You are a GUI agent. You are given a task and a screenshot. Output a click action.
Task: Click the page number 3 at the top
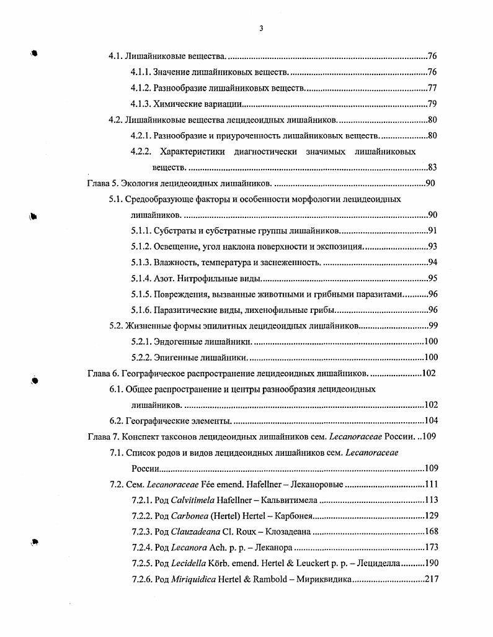tap(261, 27)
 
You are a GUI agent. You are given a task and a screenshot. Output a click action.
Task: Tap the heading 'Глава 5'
tap(101, 184)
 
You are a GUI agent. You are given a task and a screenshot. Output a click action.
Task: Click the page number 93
tap(433, 246)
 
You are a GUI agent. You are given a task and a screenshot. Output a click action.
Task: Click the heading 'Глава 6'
tap(101, 373)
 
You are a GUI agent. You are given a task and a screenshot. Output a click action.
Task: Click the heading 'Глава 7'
tap(101, 436)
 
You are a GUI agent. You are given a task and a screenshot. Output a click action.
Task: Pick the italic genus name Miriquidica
tap(194, 579)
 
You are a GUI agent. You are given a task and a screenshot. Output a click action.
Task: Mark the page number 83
tap(433, 168)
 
